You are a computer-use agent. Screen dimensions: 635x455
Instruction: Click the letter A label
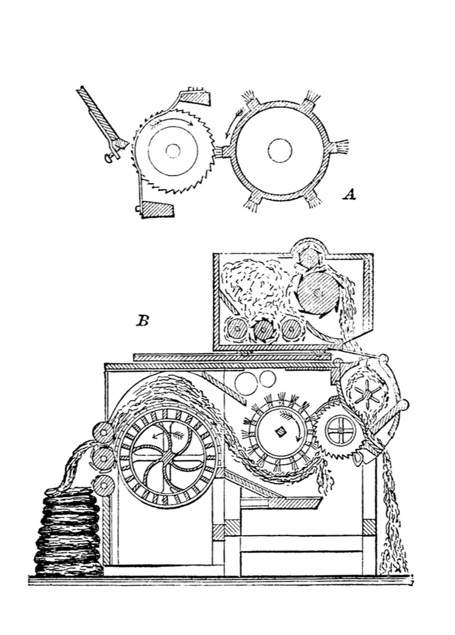pyautogui.click(x=349, y=195)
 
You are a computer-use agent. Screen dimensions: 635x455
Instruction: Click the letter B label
pyautogui.click(x=142, y=321)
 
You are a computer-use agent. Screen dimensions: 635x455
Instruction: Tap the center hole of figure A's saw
pyautogui.click(x=173, y=150)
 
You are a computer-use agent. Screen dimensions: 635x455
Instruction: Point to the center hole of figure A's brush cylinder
pyautogui.click(x=279, y=150)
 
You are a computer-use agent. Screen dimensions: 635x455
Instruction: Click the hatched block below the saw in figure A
pyautogui.click(x=157, y=210)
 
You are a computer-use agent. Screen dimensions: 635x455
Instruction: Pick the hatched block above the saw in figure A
pyautogui.click(x=195, y=97)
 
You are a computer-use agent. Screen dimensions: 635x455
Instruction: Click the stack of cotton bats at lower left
pyautogui.click(x=68, y=530)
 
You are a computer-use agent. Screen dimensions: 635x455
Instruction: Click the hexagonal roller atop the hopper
pyautogui.click(x=309, y=258)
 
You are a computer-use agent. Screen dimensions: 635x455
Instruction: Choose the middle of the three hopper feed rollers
pyautogui.click(x=263, y=329)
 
